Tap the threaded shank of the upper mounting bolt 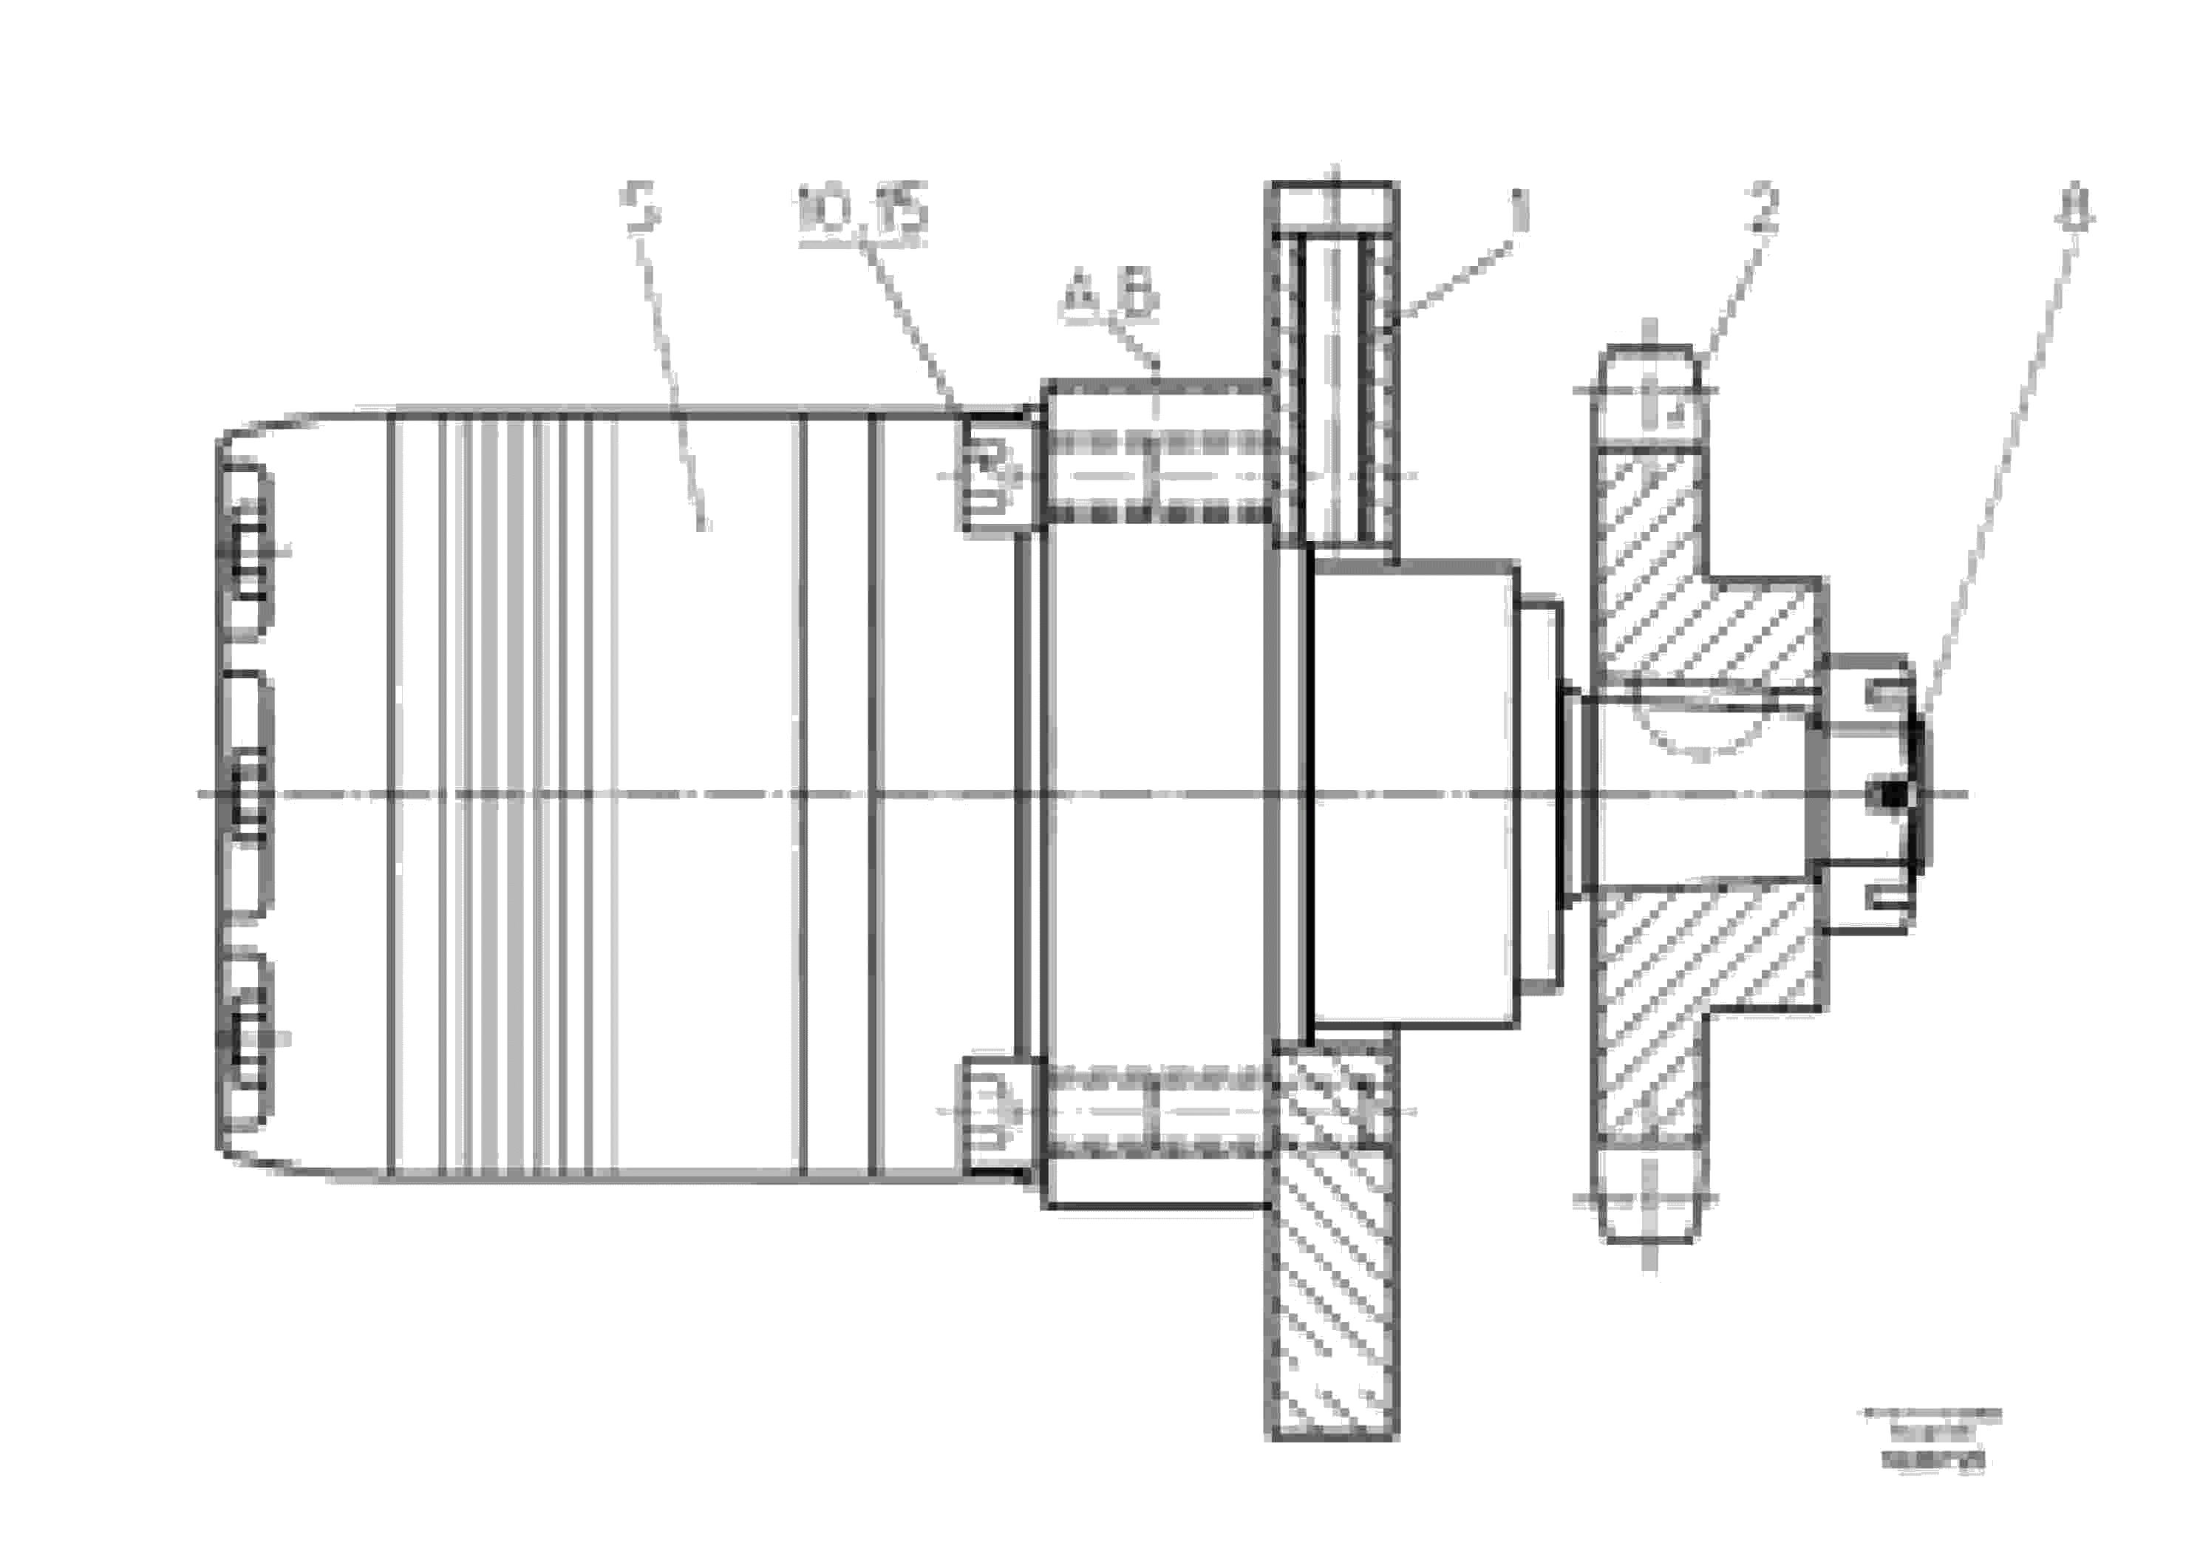[x=1159, y=475]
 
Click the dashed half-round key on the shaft [x=1700, y=732]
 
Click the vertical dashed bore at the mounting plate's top [x=1335, y=384]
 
